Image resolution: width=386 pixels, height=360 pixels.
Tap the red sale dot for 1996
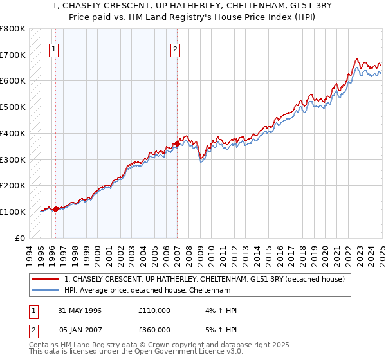56,209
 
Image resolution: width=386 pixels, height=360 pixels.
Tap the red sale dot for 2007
177,143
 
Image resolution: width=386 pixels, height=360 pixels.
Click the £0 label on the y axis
20,238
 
